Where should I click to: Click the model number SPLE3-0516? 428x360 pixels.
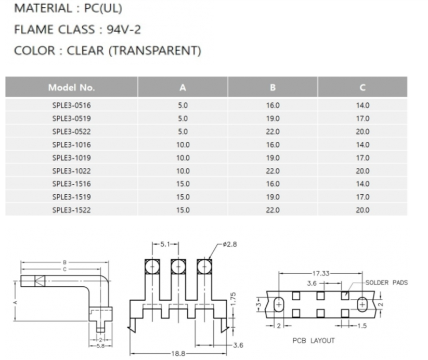(x=72, y=105)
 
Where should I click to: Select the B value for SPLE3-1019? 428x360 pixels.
(x=273, y=158)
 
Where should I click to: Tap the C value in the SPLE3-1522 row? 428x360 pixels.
(x=362, y=210)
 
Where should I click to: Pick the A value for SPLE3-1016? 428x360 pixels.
(x=183, y=145)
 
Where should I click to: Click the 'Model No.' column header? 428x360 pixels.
(x=72, y=88)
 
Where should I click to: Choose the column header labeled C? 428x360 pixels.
(x=362, y=88)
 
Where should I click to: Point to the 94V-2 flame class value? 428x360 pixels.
(x=124, y=30)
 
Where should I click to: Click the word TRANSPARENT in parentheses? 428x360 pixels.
(x=155, y=51)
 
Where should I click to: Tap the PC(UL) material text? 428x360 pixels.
(x=103, y=8)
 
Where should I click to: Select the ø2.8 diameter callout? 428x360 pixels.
(x=230, y=244)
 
